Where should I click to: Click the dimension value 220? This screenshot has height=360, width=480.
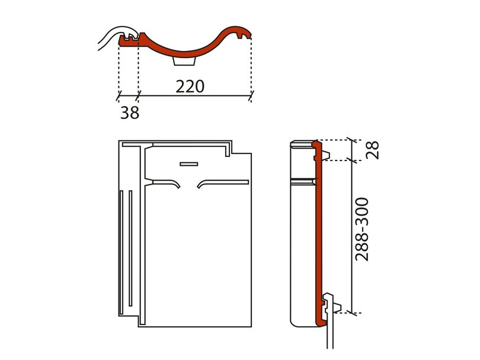click(190, 86)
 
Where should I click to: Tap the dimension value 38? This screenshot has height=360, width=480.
click(130, 112)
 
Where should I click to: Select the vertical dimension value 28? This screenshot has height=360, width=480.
click(373, 150)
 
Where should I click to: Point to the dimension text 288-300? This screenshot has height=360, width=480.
click(361, 229)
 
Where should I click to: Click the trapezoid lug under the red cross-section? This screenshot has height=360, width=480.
click(184, 61)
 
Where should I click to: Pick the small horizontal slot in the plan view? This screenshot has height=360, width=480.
click(189, 164)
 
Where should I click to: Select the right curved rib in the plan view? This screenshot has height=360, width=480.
click(222, 182)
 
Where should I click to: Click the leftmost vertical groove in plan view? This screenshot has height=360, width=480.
click(121, 252)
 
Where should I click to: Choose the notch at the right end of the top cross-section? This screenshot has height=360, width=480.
click(242, 36)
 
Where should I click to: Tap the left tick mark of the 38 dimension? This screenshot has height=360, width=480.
click(119, 96)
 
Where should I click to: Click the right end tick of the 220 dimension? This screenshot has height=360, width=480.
click(251, 96)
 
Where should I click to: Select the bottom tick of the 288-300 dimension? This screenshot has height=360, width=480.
click(353, 313)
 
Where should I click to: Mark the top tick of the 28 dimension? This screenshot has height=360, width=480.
click(353, 140)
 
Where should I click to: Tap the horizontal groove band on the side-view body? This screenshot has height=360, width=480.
click(303, 182)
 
